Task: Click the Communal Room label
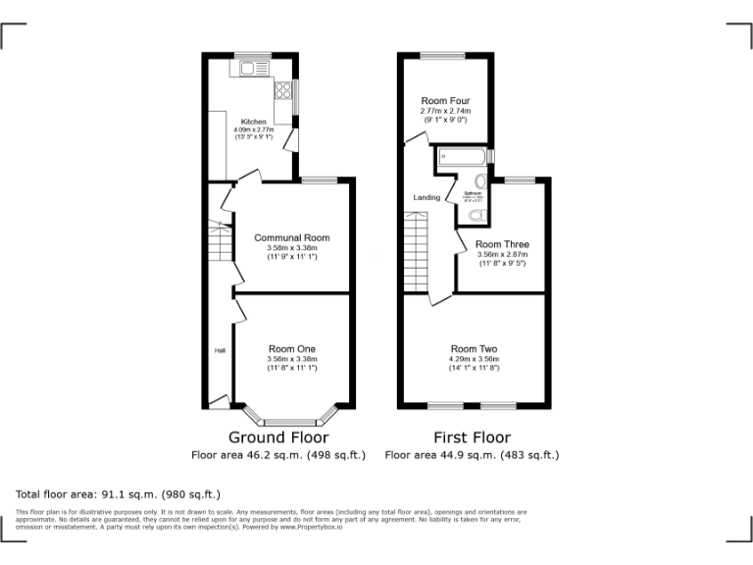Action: pyautogui.click(x=291, y=237)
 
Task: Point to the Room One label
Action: pyautogui.click(x=291, y=349)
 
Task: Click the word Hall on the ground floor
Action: pyautogui.click(x=221, y=350)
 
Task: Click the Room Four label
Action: pyautogui.click(x=444, y=101)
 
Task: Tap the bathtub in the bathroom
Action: pyautogui.click(x=464, y=156)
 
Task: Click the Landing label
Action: pyautogui.click(x=427, y=197)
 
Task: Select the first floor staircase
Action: pyautogui.click(x=418, y=250)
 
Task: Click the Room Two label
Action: pyautogui.click(x=475, y=349)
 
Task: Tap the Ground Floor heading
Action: pyautogui.click(x=278, y=437)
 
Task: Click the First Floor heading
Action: pyautogui.click(x=472, y=437)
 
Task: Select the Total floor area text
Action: pyautogui.click(x=118, y=494)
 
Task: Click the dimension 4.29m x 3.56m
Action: pyautogui.click(x=475, y=359)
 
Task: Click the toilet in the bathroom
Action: pyautogui.click(x=477, y=215)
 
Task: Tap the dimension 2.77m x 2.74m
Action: pyautogui.click(x=444, y=111)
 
